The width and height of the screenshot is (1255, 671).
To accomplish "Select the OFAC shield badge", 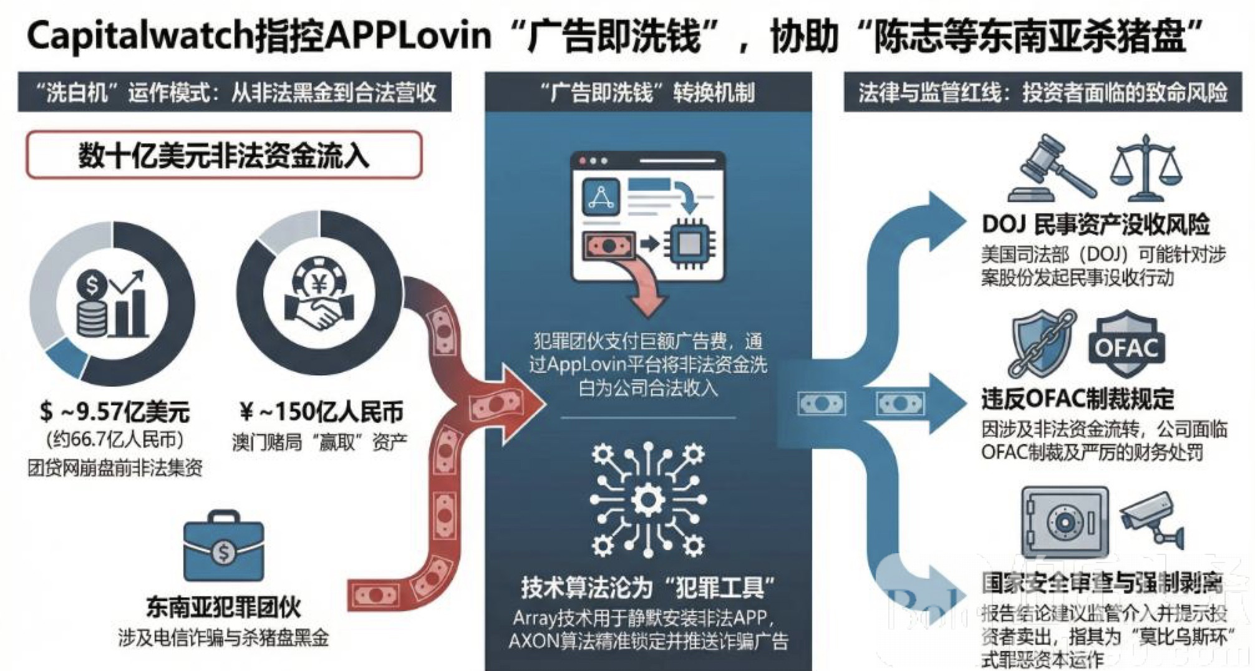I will [x=1127, y=344].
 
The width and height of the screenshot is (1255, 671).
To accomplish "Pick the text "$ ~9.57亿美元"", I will [x=115, y=412].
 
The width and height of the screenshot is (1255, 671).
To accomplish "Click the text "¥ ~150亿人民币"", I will [x=321, y=412].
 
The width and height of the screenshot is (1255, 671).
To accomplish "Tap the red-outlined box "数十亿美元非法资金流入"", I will [x=224, y=155].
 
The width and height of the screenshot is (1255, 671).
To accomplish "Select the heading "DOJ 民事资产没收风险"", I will [x=1095, y=224].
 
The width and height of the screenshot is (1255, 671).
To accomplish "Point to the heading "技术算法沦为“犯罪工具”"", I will [x=648, y=587].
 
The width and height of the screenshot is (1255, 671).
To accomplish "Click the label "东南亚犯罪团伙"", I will [x=223, y=607].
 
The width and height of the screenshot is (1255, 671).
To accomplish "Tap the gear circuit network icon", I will [x=648, y=499].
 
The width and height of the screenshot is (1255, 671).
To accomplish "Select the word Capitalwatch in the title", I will [x=141, y=36].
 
